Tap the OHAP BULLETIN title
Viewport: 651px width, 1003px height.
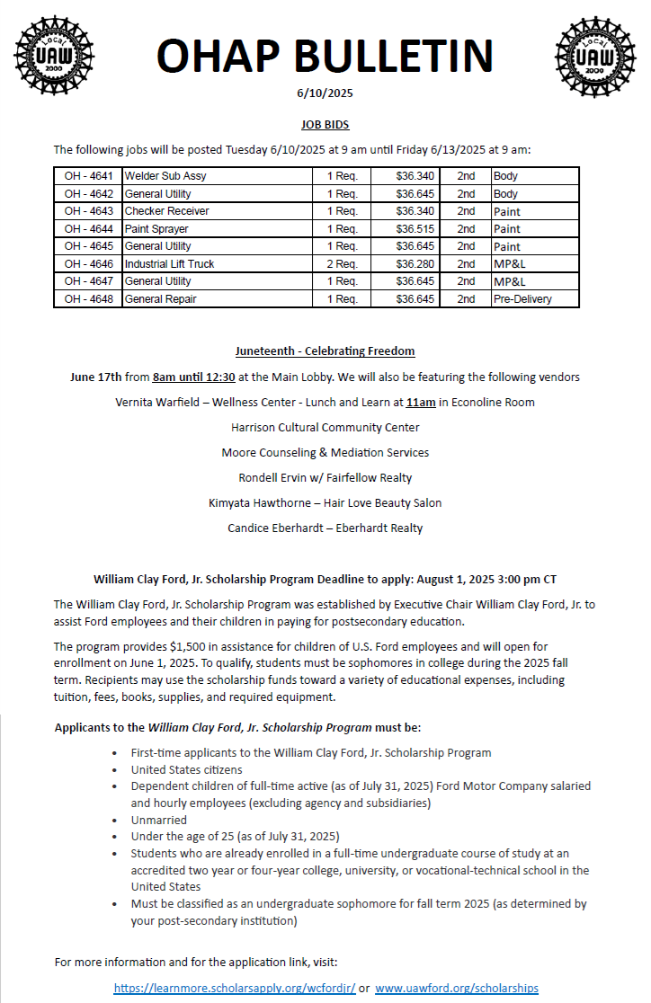pos(325,56)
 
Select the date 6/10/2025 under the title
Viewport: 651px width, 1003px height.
pos(325,93)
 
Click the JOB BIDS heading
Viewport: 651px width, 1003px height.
pos(325,125)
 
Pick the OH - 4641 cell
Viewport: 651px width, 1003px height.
pos(88,176)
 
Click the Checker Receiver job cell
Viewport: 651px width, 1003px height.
pos(167,211)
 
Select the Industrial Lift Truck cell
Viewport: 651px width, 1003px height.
pos(170,264)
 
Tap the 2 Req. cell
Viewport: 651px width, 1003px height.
pos(342,264)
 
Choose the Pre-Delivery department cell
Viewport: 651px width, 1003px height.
pos(522,299)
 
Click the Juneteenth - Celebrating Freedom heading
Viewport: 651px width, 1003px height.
pos(325,351)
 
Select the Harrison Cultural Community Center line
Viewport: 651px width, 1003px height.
pos(325,427)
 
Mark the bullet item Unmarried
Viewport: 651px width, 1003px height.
pos(159,820)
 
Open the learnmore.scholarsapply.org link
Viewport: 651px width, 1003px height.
pos(234,988)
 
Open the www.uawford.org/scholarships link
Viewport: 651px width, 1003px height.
pos(457,988)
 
